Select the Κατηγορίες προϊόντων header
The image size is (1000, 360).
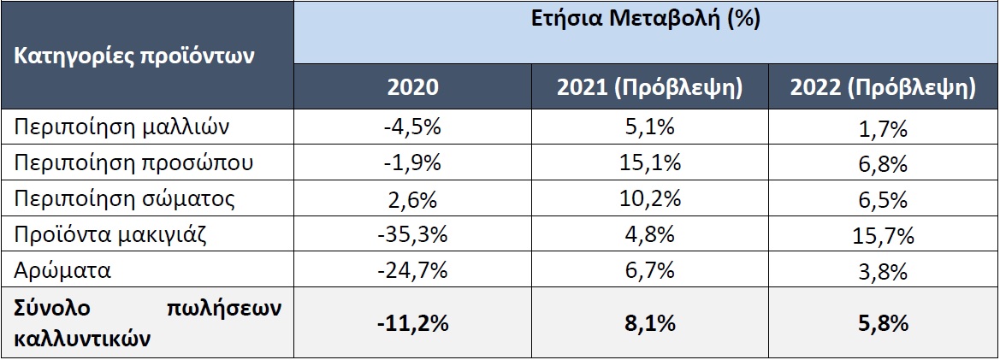pyautogui.click(x=133, y=57)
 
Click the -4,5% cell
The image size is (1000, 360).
pyautogui.click(x=412, y=127)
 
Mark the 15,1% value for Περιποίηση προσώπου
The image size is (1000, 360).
pyautogui.click(x=649, y=162)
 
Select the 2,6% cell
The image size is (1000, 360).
pyautogui.click(x=412, y=198)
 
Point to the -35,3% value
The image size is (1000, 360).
pyautogui.click(x=412, y=234)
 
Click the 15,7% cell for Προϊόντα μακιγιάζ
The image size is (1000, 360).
pyautogui.click(x=884, y=234)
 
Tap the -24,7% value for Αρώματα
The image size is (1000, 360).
pyautogui.click(x=412, y=270)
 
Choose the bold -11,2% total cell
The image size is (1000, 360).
pyautogui.click(x=412, y=324)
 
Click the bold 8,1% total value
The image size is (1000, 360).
pyautogui.click(x=649, y=324)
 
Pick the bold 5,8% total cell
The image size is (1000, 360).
pyautogui.click(x=884, y=324)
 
